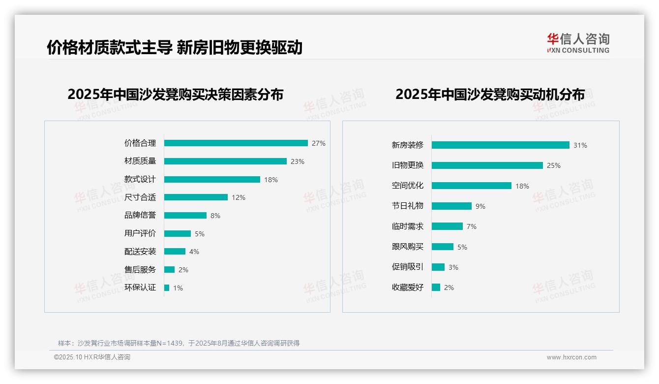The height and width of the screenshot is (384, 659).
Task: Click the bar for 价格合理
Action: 236,143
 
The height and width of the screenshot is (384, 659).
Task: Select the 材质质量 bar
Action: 225,161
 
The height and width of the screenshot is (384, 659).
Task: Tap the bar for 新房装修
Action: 500,145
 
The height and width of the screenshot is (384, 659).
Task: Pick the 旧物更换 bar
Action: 487,165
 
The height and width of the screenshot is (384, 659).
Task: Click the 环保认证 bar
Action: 167,288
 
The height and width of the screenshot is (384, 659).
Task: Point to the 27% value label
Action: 319,143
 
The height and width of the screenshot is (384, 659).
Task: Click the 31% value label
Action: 580,145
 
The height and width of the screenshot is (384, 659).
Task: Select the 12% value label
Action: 239,197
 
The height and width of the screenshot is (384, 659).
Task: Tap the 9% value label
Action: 480,206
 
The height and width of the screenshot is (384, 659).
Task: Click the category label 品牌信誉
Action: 140,215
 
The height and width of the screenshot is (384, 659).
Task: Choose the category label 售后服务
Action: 140,270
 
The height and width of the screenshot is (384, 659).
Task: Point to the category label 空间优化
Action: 407,186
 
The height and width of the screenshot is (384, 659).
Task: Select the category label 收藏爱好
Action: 407,288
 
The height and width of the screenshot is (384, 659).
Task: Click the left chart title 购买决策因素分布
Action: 175,94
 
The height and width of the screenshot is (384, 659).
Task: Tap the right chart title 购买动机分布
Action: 490,94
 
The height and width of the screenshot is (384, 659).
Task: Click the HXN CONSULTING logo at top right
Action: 578,43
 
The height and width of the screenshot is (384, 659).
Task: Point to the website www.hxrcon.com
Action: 571,357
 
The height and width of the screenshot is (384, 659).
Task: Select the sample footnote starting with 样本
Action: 179,343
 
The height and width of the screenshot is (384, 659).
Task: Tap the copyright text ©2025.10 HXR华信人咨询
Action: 92,357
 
